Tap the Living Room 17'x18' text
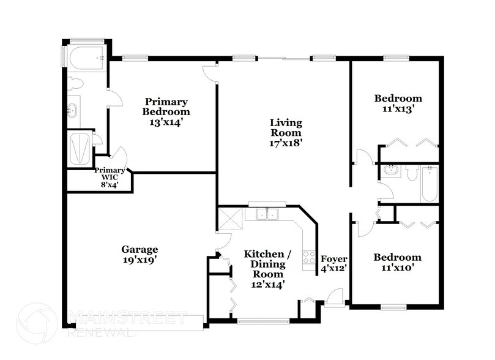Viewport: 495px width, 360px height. [x=286, y=132]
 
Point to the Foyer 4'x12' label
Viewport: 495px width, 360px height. [x=334, y=263]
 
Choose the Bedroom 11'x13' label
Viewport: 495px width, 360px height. [x=398, y=103]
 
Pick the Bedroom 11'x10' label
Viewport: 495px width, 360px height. [x=397, y=262]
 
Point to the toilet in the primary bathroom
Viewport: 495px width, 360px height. [x=75, y=85]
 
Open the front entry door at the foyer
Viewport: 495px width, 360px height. [x=334, y=299]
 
